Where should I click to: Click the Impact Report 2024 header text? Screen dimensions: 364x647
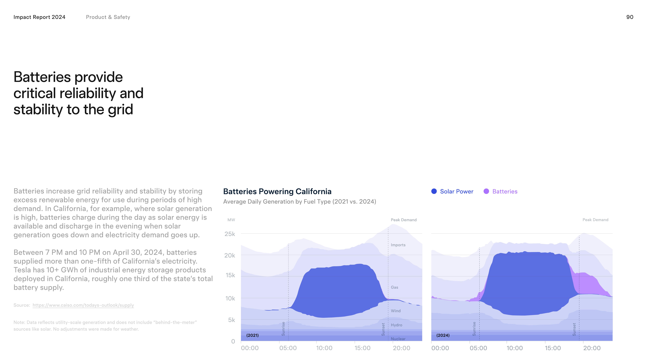tap(39, 17)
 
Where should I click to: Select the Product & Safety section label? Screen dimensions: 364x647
tap(108, 17)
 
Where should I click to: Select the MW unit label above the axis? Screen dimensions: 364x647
tap(231, 220)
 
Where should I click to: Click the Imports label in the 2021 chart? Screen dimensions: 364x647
tap(398, 245)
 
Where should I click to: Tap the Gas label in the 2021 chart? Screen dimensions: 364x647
tap(394, 287)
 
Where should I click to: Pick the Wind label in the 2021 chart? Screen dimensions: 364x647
tap(396, 311)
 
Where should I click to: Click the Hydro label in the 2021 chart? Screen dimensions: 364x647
tap(396, 325)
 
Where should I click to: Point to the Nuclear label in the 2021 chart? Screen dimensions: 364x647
tap(398, 339)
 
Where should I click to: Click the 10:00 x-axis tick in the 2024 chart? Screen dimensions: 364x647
tap(514, 348)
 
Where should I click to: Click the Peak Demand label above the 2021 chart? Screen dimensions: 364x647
tap(403, 220)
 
